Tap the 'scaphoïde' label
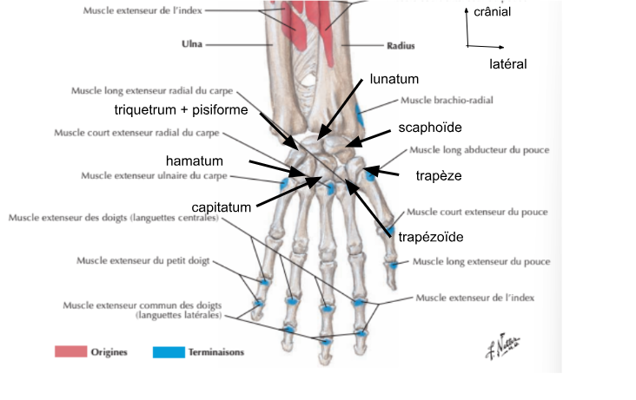pos(430,128)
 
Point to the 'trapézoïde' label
pos(431,235)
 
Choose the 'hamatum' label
pos(195,161)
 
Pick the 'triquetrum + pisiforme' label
pos(181,110)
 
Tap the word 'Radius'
pos(401,43)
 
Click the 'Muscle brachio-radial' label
pos(447,101)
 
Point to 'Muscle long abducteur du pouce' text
pos(470,150)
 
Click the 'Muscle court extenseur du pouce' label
pos(470,211)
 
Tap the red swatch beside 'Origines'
pos(70,351)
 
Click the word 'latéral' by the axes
pos(508,64)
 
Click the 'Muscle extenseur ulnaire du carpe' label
pos(142,175)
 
